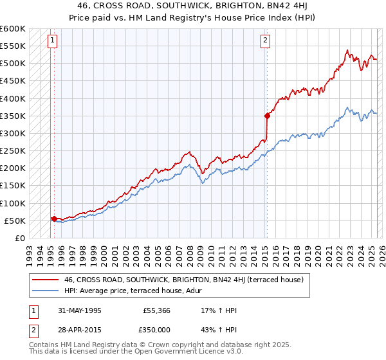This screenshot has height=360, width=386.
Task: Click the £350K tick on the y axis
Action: pos(13,116)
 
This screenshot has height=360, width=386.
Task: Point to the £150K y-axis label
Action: pos(13,186)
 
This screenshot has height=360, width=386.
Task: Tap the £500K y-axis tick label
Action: pos(13,64)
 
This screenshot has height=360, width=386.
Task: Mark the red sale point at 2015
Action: pos(266,116)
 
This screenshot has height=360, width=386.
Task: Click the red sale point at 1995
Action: pos(54,219)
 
